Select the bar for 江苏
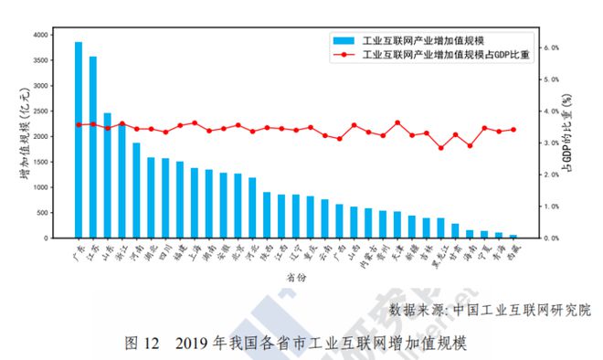93,147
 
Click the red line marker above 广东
79,124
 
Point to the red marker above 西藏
513,130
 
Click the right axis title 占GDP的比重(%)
571,136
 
